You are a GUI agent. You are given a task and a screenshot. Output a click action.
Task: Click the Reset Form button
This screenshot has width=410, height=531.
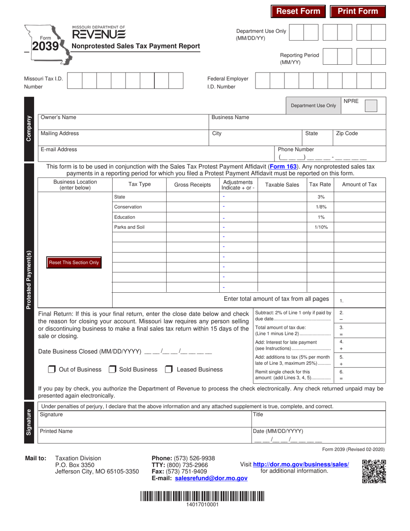click(x=298, y=12)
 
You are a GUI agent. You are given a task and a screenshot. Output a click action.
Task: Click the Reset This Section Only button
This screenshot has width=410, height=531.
click(x=74, y=262)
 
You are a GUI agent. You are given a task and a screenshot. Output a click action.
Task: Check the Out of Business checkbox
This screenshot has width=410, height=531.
click(x=52, y=370)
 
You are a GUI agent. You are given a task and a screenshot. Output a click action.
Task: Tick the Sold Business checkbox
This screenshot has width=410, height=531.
click(x=112, y=370)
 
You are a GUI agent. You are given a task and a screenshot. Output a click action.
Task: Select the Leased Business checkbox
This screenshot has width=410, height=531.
click(x=169, y=370)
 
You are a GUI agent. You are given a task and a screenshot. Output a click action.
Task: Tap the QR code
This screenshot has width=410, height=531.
click(x=374, y=471)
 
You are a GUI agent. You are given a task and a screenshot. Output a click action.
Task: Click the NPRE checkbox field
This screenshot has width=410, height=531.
click(x=371, y=106)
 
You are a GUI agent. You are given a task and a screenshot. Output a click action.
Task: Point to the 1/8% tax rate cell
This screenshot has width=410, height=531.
click(x=321, y=207)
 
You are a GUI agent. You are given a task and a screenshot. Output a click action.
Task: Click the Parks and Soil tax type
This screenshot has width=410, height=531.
click(x=129, y=227)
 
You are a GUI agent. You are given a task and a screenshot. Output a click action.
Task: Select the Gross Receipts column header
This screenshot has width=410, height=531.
click(x=192, y=185)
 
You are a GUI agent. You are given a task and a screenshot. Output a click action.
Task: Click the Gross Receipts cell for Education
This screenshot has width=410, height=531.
click(x=192, y=217)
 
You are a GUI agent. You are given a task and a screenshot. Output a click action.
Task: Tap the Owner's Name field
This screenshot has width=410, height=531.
click(x=123, y=120)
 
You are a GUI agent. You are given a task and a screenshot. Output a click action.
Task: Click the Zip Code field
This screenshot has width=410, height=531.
click(x=359, y=137)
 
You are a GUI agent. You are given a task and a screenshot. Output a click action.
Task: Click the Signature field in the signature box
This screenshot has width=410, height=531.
click(x=145, y=419)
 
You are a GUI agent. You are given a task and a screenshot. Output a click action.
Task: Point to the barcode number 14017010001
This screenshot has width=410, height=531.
click(x=202, y=504)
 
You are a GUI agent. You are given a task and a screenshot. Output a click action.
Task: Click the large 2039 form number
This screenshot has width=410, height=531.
click(x=45, y=46)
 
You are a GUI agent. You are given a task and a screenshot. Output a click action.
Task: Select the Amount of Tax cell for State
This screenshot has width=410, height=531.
click(x=359, y=197)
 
